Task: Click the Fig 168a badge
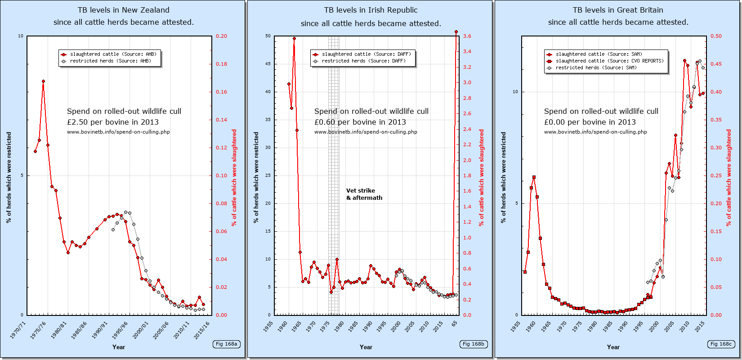(x=226, y=344)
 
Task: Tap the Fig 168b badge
(x=474, y=344)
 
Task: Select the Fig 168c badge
(x=721, y=344)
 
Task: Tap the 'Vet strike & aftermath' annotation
(x=364, y=194)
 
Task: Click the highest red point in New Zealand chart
(x=43, y=81)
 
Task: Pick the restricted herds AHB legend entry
(x=110, y=61)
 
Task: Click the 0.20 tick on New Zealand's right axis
(x=221, y=36)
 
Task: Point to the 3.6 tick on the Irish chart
(x=467, y=36)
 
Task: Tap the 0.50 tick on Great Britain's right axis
(x=716, y=36)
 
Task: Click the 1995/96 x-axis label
(x=119, y=330)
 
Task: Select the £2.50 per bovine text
(x=113, y=122)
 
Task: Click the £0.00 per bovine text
(x=590, y=122)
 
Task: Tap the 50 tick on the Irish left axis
(x=268, y=36)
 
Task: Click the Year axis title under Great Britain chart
(x=613, y=347)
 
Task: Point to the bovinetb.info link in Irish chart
(x=366, y=132)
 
